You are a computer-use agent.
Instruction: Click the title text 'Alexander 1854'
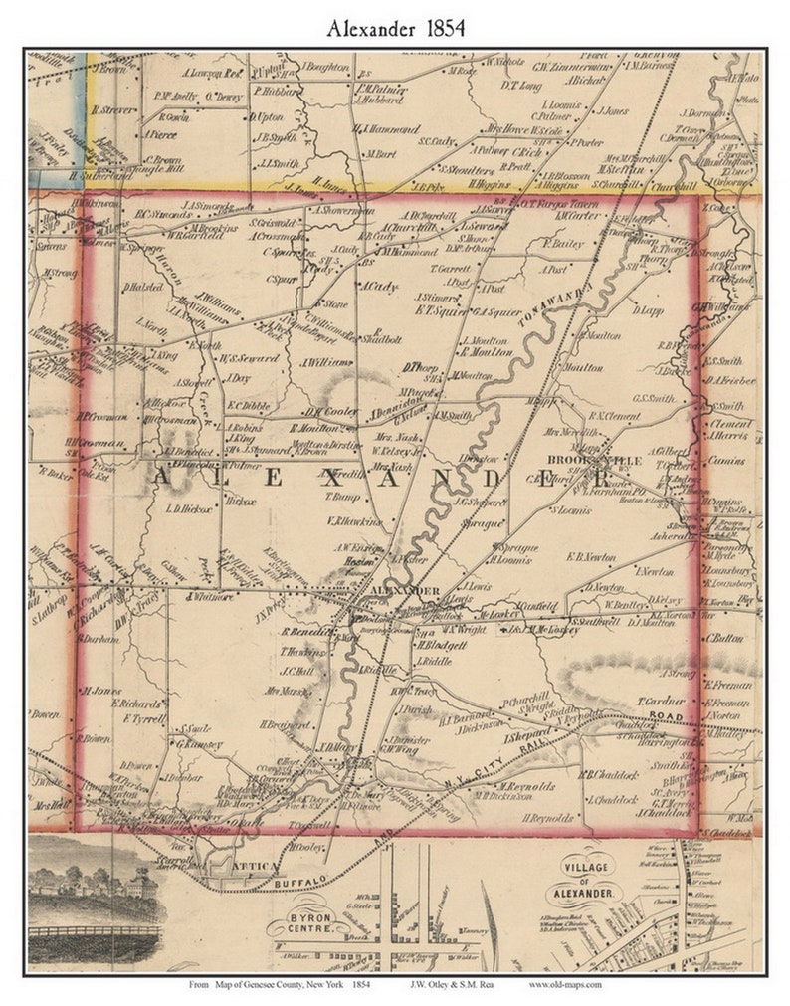pos(395,29)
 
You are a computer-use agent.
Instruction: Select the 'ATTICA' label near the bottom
pos(246,867)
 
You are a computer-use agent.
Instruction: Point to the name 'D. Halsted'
pos(142,288)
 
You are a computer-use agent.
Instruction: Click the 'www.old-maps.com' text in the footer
pos(565,985)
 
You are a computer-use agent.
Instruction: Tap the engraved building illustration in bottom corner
pos(95,897)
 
